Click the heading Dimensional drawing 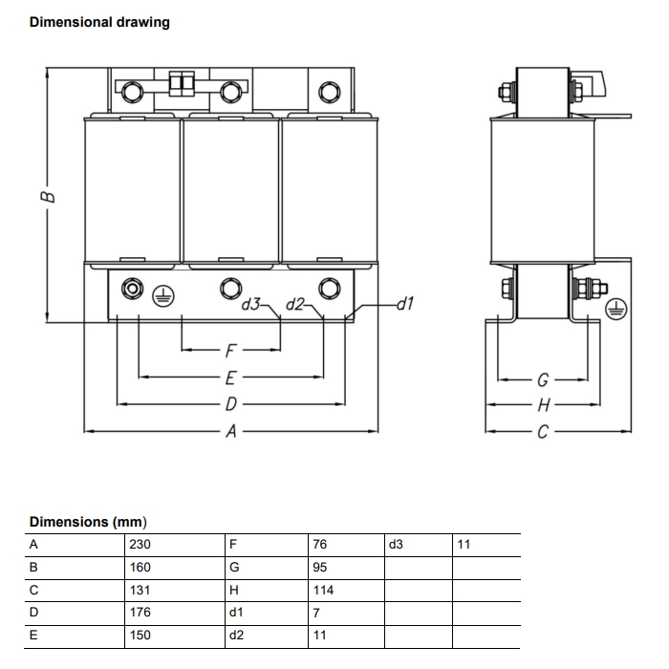click(99, 22)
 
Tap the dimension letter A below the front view click(230, 431)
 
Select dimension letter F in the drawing click(230, 350)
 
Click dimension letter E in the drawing click(230, 377)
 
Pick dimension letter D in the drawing click(230, 403)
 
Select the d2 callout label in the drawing click(295, 305)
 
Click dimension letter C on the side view click(542, 432)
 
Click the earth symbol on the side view click(617, 309)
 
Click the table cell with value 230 click(140, 545)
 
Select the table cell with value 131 click(140, 591)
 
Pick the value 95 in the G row click(319, 568)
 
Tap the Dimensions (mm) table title click(87, 522)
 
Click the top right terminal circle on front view click(329, 92)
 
